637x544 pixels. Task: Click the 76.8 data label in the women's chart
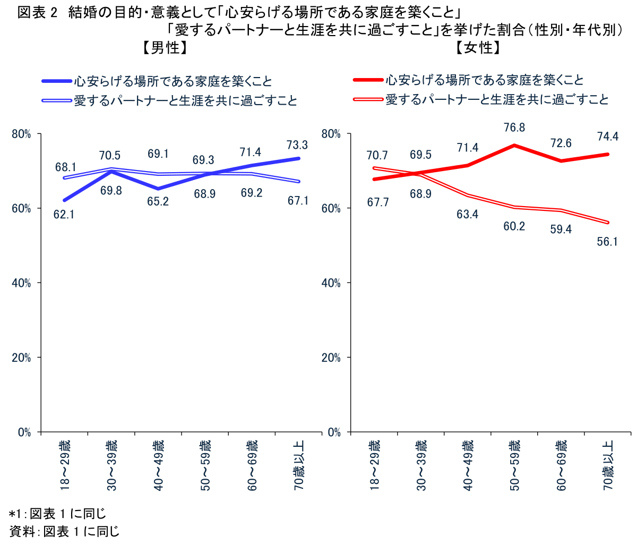(x=514, y=127)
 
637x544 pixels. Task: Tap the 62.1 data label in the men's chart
(x=64, y=215)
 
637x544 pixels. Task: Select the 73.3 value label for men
(x=297, y=144)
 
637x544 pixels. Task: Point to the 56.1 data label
(x=607, y=242)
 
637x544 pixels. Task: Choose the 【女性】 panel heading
(x=478, y=48)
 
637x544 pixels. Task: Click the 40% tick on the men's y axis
(x=22, y=283)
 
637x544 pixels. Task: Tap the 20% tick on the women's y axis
(x=331, y=358)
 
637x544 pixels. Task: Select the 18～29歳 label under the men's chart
(x=64, y=465)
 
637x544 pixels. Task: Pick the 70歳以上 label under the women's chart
(x=608, y=465)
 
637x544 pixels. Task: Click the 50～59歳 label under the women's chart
(x=514, y=465)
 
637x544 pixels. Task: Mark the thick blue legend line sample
(x=57, y=81)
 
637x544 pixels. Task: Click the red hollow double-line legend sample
(x=368, y=99)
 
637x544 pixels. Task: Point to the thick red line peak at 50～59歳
(x=514, y=145)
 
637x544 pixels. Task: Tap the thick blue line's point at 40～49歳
(x=158, y=189)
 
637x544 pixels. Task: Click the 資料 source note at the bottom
(x=64, y=531)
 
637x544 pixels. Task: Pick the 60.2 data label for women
(x=514, y=226)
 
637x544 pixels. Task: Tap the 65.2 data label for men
(x=158, y=202)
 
